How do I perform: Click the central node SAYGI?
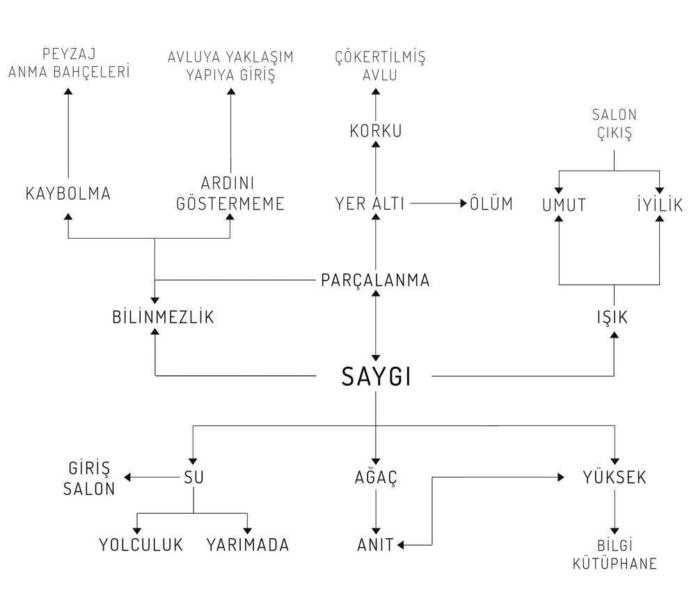pyautogui.click(x=376, y=377)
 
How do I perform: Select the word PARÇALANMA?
pyautogui.click(x=375, y=281)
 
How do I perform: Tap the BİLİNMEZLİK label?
pyautogui.click(x=163, y=317)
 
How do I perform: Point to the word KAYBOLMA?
pyautogui.click(x=68, y=194)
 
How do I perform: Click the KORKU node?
pyautogui.click(x=376, y=131)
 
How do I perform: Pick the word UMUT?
pyautogui.click(x=564, y=205)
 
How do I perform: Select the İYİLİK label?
pyautogui.click(x=660, y=204)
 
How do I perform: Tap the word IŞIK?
pyautogui.click(x=612, y=318)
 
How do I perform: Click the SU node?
pyautogui.click(x=193, y=478)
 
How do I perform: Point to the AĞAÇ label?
pyautogui.click(x=376, y=477)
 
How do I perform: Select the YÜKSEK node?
pyautogui.click(x=615, y=477)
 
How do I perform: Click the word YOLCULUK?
pyautogui.click(x=141, y=545)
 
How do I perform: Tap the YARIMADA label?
pyautogui.click(x=248, y=545)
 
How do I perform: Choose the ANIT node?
pyautogui.click(x=376, y=545)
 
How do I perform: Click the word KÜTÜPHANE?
pyautogui.click(x=615, y=563)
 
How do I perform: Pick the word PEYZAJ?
pyautogui.click(x=69, y=54)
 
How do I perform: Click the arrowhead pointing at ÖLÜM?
pyautogui.click(x=464, y=203)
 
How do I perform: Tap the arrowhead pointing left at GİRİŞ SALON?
pyautogui.click(x=127, y=478)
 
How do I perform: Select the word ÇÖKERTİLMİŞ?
pyautogui.click(x=380, y=57)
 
